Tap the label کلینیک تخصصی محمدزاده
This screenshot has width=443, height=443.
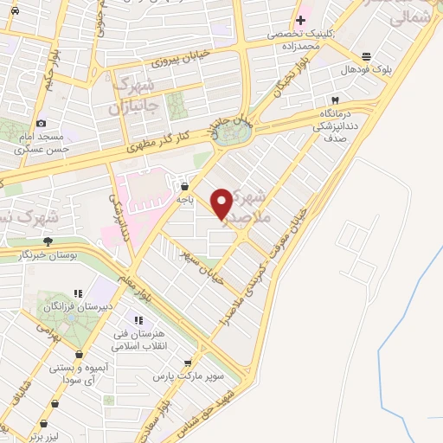pyautogui.click(x=299, y=39)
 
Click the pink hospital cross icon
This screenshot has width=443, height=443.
pyautogui.click(x=300, y=20)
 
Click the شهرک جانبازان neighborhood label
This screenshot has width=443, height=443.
pyautogui.click(x=133, y=98)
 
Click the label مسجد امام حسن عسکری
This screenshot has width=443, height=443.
pyautogui.click(x=42, y=144)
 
